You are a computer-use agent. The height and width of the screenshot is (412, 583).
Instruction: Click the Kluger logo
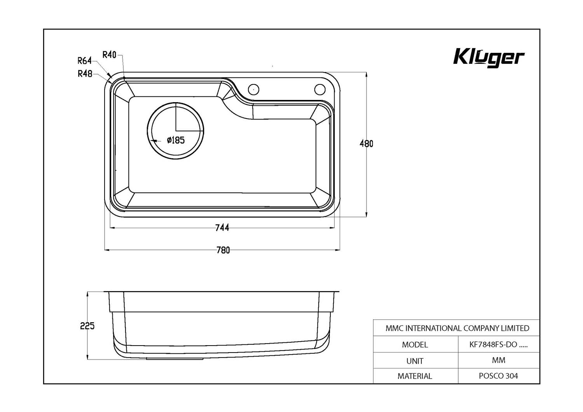coord(489,58)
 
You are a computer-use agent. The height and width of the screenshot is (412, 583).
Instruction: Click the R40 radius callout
coord(109,55)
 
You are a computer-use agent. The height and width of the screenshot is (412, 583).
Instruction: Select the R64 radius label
coord(85,61)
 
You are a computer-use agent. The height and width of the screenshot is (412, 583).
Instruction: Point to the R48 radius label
coord(85,74)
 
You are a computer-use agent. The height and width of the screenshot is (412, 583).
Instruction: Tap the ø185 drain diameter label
coord(176,140)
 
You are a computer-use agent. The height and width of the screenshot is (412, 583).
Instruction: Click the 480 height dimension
coord(366,144)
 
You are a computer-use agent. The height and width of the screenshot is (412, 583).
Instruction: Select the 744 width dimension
coord(222,228)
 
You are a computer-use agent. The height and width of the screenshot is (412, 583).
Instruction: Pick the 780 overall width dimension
coord(223,250)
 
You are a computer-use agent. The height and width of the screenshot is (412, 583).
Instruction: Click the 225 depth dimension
coord(87,326)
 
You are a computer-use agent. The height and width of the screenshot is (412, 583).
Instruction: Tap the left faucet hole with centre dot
coord(253,89)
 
